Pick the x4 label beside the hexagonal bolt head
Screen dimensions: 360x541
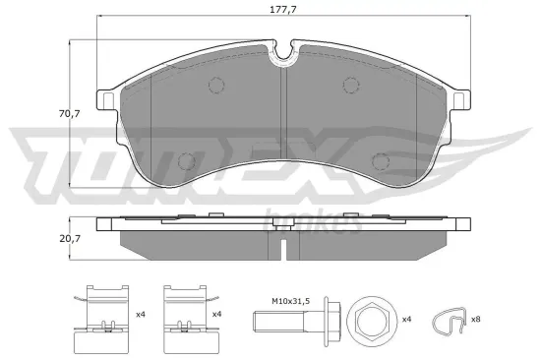(x=406, y=318)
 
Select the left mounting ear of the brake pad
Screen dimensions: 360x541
(x=105, y=98)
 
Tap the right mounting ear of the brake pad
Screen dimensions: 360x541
(x=461, y=98)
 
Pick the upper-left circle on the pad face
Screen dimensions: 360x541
(x=216, y=85)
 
